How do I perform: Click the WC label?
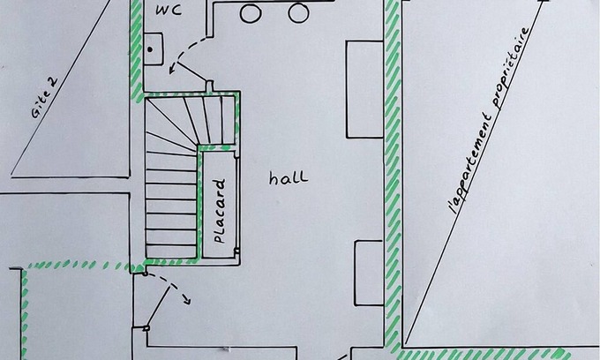coord(169,11)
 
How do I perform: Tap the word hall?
coord(289,177)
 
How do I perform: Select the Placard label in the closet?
coord(219,211)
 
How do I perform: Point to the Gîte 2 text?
coord(45,98)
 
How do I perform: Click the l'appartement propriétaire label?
coord(490,121)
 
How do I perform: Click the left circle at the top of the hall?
coord(251,13)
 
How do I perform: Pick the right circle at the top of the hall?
coord(298,12)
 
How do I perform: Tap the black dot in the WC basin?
coord(150,49)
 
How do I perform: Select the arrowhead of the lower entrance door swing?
coord(186,300)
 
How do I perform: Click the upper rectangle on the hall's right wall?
coord(364,89)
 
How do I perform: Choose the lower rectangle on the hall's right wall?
coord(369,273)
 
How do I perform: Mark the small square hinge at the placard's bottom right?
coord(236,251)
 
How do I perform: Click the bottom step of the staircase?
coord(171,251)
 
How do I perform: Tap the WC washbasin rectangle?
coord(154,49)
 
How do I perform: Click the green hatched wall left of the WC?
coord(136,49)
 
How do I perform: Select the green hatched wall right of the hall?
coord(393,176)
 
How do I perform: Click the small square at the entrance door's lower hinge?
coord(146,328)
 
